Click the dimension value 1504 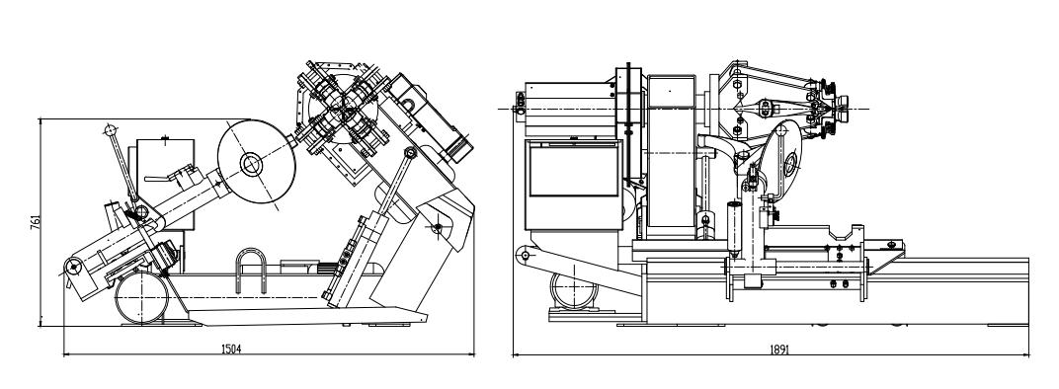point(231,349)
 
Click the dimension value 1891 point(778,350)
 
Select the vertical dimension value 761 point(36,223)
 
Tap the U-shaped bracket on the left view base point(251,271)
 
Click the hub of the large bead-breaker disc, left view point(251,164)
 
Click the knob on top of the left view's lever point(111,130)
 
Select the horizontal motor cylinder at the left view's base point(141,298)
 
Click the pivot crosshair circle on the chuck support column point(437,228)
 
